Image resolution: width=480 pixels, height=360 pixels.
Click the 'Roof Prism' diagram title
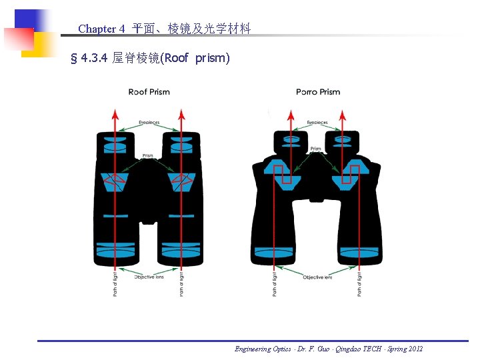[x=149, y=92]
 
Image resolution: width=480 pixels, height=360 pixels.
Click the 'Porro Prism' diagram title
[x=318, y=92]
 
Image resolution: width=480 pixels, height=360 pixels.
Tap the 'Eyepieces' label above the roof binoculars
[x=149, y=123]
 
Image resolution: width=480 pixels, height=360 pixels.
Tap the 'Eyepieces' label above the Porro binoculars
[x=317, y=123]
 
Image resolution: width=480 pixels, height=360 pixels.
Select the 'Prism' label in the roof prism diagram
[x=148, y=155]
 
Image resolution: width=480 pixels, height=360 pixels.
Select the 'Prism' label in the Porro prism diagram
[x=316, y=149]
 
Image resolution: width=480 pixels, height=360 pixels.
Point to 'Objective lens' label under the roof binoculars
[x=149, y=277]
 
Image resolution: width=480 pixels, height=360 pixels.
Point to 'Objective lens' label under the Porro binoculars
[x=317, y=277]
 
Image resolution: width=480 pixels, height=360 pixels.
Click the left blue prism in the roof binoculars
[x=115, y=181]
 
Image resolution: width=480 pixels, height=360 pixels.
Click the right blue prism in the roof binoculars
[x=182, y=181]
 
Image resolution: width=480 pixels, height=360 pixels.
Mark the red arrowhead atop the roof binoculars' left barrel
[x=115, y=114]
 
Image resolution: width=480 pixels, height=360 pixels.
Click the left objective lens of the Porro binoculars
[x=274, y=253]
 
